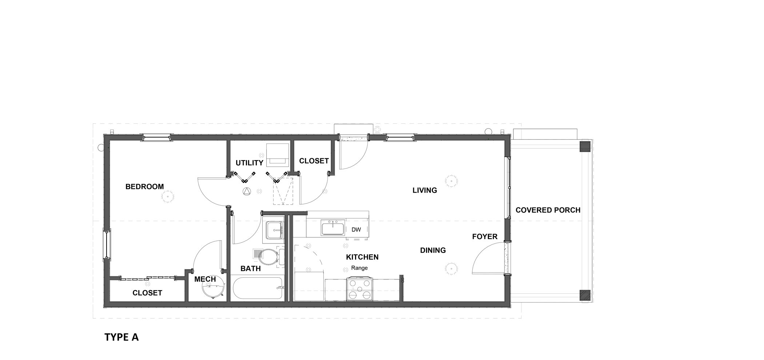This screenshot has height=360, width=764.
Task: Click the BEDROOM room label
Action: [144, 187]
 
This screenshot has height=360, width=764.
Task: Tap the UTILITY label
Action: [249, 163]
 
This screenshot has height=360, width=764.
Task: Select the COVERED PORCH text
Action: [548, 210]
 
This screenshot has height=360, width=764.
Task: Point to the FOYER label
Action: [485, 237]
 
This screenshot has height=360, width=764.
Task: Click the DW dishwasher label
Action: [356, 230]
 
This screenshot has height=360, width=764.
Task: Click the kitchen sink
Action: [333, 228]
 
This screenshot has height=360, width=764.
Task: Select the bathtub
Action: [257, 289]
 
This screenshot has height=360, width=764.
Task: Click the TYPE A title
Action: [122, 337]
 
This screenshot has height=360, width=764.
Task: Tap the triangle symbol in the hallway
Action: [247, 191]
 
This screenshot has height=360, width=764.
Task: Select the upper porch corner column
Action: [585, 146]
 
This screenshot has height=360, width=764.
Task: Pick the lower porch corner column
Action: [585, 295]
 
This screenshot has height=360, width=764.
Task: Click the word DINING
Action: [433, 250]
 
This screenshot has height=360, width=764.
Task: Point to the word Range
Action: [359, 268]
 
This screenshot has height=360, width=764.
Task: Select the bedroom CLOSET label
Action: [147, 293]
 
